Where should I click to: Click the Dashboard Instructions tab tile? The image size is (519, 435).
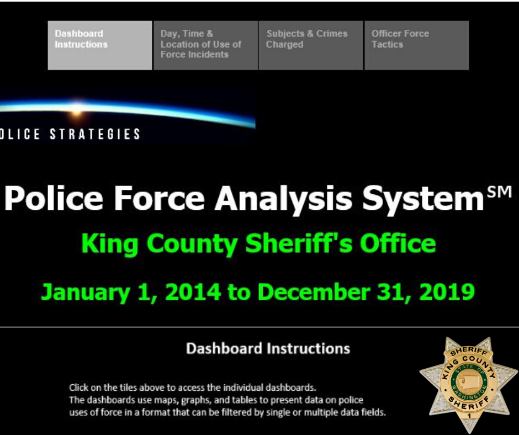(x=99, y=45)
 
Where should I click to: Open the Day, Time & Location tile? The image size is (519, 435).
(x=205, y=45)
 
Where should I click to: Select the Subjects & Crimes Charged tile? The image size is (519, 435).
(x=311, y=45)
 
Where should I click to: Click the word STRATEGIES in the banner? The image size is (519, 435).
(x=95, y=134)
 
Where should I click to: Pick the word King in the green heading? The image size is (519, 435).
(x=108, y=243)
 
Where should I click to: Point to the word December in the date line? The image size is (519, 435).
(x=316, y=291)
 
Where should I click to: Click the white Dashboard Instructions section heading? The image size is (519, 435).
(x=268, y=349)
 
